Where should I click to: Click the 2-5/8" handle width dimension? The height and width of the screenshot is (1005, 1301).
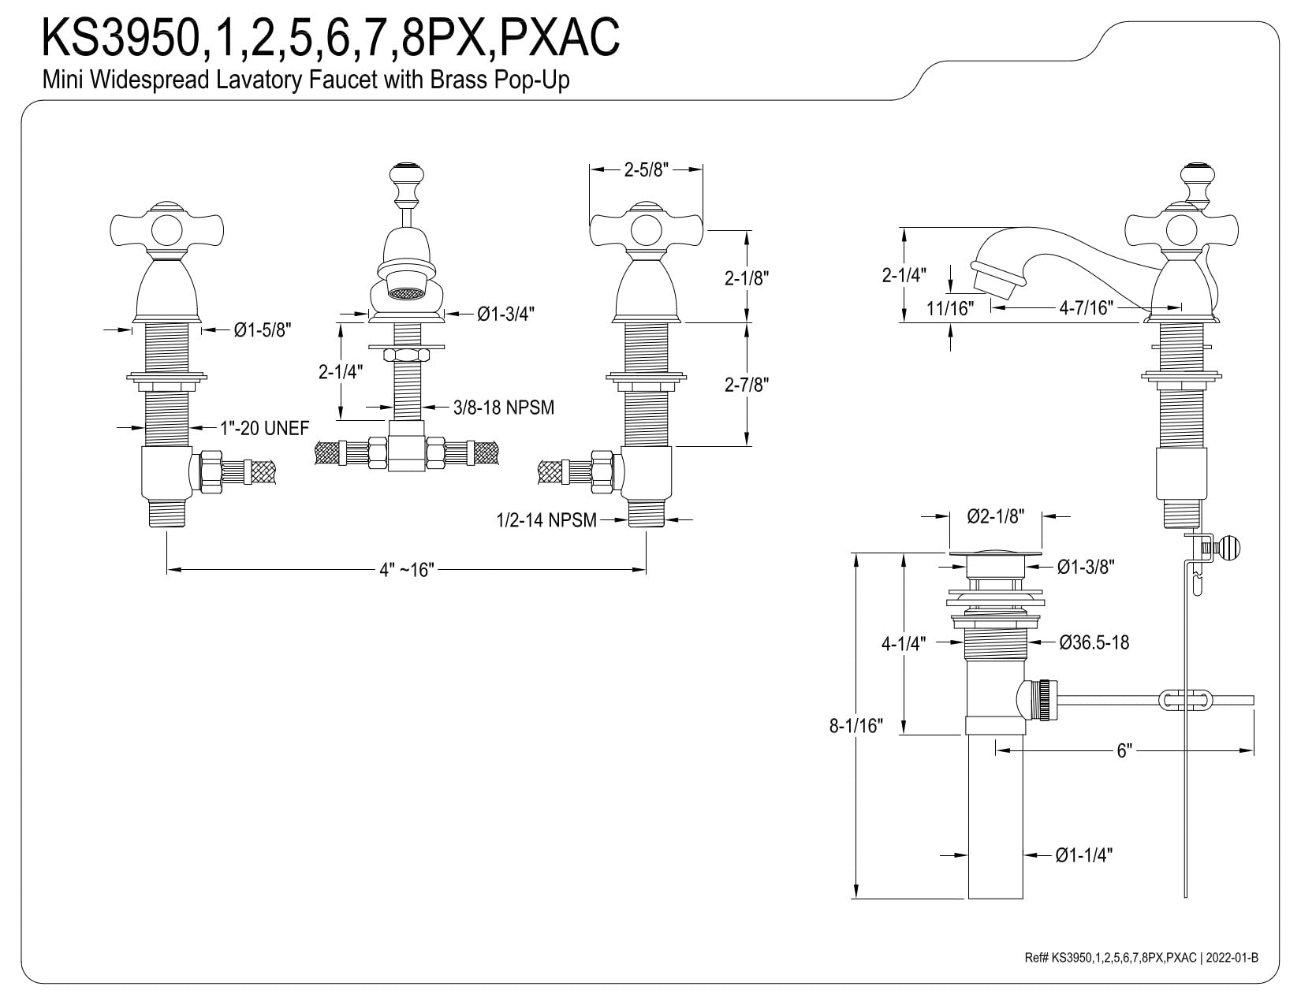click(x=646, y=170)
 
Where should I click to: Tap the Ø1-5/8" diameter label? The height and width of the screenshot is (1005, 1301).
click(x=263, y=329)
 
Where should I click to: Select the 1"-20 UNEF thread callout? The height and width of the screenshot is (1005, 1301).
click(x=265, y=428)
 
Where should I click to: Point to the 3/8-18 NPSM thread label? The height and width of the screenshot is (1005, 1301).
click(x=504, y=408)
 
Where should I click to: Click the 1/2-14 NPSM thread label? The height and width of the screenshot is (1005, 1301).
click(x=546, y=520)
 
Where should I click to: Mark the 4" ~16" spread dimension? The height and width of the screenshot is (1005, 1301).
click(x=407, y=570)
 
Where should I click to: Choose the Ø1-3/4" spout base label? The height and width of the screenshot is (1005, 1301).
click(x=506, y=313)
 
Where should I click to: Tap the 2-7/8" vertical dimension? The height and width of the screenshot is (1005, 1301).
click(x=747, y=385)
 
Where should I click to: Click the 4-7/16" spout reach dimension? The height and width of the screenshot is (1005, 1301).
click(x=1086, y=307)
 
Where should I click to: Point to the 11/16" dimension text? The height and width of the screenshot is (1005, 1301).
click(x=950, y=309)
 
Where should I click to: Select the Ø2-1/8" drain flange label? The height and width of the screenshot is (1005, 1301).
click(x=996, y=516)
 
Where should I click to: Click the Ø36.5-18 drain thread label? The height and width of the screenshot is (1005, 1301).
click(x=1094, y=642)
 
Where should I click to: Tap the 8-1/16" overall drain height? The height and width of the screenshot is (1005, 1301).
click(x=856, y=725)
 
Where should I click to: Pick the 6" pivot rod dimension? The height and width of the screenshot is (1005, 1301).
click(x=1124, y=750)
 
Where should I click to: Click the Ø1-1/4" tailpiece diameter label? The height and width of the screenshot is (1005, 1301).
click(x=1083, y=855)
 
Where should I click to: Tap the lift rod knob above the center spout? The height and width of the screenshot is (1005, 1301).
click(x=407, y=175)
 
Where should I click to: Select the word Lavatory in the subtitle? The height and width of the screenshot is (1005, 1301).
click(x=258, y=80)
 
